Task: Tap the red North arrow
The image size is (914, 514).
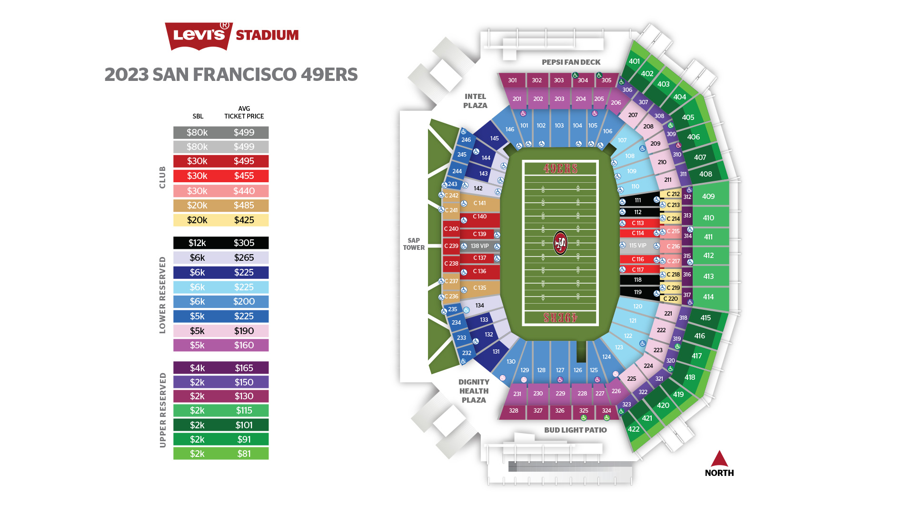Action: tap(719, 459)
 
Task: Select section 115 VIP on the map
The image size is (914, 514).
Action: tap(638, 246)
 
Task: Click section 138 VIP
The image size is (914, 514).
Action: tap(479, 246)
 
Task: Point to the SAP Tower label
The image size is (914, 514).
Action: tap(414, 244)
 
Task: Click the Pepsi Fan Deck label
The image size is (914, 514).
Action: tap(571, 62)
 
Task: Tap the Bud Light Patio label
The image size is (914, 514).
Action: tap(575, 430)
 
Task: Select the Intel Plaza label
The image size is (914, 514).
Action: tap(475, 101)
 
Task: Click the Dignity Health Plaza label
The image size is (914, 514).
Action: tap(474, 391)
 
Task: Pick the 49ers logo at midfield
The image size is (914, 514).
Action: tap(560, 243)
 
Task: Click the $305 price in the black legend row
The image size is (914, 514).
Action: tap(244, 243)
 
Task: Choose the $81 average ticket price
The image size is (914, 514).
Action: tap(244, 454)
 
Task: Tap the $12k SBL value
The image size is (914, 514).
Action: tap(197, 243)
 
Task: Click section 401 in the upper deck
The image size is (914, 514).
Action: tap(634, 61)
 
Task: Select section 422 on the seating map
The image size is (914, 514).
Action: tap(634, 429)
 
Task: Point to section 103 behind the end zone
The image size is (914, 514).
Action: tap(559, 126)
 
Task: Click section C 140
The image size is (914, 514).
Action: tap(479, 217)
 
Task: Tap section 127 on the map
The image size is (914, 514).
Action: tap(560, 370)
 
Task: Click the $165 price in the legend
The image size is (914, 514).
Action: tap(244, 368)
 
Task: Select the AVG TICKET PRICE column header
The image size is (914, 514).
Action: tap(244, 112)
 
